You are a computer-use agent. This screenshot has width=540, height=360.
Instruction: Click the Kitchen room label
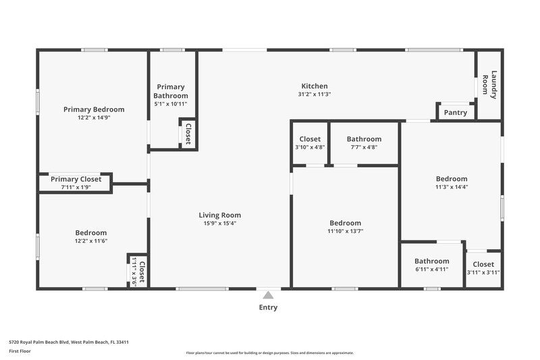tap(314, 86)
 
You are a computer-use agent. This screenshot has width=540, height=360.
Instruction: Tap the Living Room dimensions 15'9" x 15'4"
tap(220, 223)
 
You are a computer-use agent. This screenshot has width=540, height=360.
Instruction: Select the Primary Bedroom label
tap(94, 109)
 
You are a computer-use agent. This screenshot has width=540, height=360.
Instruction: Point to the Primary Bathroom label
tap(171, 91)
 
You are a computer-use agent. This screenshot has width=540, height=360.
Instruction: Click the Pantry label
tap(456, 112)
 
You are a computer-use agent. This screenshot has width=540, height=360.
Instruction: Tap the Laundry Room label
tap(489, 85)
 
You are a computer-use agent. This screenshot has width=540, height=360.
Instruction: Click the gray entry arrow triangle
tap(268, 294)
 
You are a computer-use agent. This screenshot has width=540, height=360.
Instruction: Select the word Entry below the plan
tap(268, 307)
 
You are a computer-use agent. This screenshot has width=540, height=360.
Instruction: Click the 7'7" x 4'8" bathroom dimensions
tap(364, 147)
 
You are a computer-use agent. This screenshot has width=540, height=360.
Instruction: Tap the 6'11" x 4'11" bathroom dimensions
tap(431, 269)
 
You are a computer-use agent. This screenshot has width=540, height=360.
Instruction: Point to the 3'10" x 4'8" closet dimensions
tap(310, 147)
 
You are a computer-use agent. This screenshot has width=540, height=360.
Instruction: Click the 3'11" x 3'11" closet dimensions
tap(483, 272)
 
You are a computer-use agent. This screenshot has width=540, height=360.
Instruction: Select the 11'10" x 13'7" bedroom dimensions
tap(345, 231)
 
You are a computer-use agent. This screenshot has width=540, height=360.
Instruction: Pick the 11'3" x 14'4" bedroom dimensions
tap(452, 187)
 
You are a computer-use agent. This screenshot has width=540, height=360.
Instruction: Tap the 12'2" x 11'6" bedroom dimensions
tap(91, 240)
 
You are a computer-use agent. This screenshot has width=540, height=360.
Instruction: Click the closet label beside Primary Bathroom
tap(188, 134)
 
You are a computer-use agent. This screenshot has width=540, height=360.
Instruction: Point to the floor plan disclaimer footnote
tap(269, 353)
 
